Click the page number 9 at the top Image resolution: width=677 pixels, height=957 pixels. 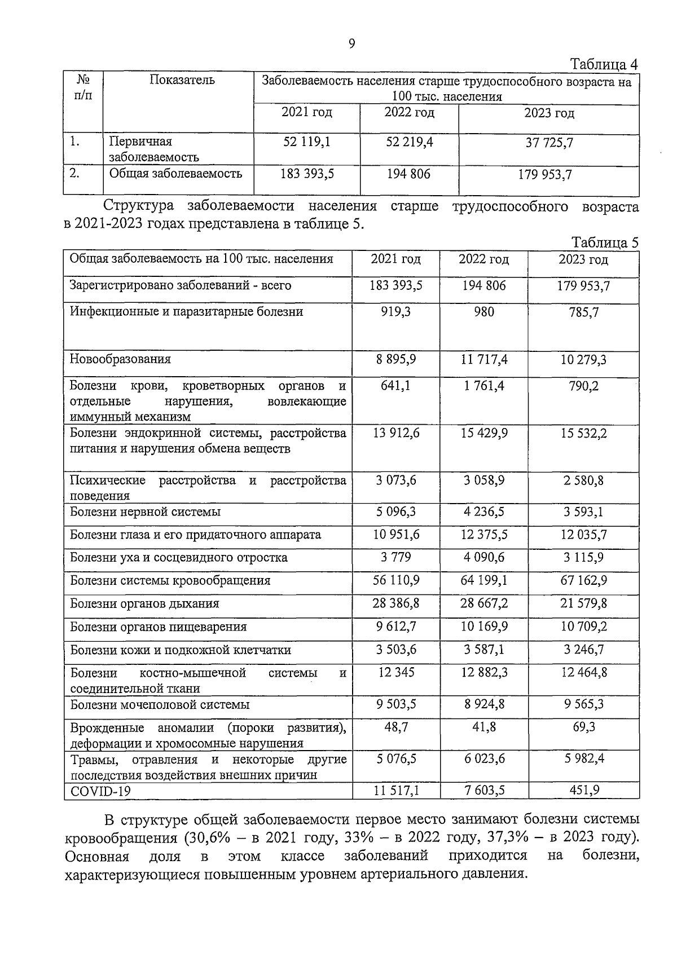tap(351, 45)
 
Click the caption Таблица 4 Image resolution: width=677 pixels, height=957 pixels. tap(604, 64)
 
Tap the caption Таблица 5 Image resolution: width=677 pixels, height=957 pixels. tap(604, 243)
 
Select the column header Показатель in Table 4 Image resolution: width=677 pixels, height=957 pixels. tap(182, 80)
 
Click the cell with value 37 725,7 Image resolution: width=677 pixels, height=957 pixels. tap(549, 143)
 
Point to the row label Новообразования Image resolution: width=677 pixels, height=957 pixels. tap(120, 359)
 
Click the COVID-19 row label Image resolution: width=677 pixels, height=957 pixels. tap(100, 792)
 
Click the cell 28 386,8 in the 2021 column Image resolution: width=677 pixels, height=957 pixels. tap(396, 604)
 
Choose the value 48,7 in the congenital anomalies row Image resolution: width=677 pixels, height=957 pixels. tap(396, 727)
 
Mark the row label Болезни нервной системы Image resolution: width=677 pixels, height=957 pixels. tap(145, 512)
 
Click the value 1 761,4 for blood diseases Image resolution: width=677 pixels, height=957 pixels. tap(483, 386)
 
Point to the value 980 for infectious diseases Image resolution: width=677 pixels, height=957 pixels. tap(483, 312)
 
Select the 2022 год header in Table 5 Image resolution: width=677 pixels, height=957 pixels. tap(483, 259)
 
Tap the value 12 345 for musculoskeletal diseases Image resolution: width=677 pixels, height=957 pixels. tap(396, 673)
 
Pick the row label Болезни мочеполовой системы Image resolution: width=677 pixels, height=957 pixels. tap(159, 705)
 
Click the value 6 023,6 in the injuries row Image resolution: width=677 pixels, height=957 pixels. tap(483, 759)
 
